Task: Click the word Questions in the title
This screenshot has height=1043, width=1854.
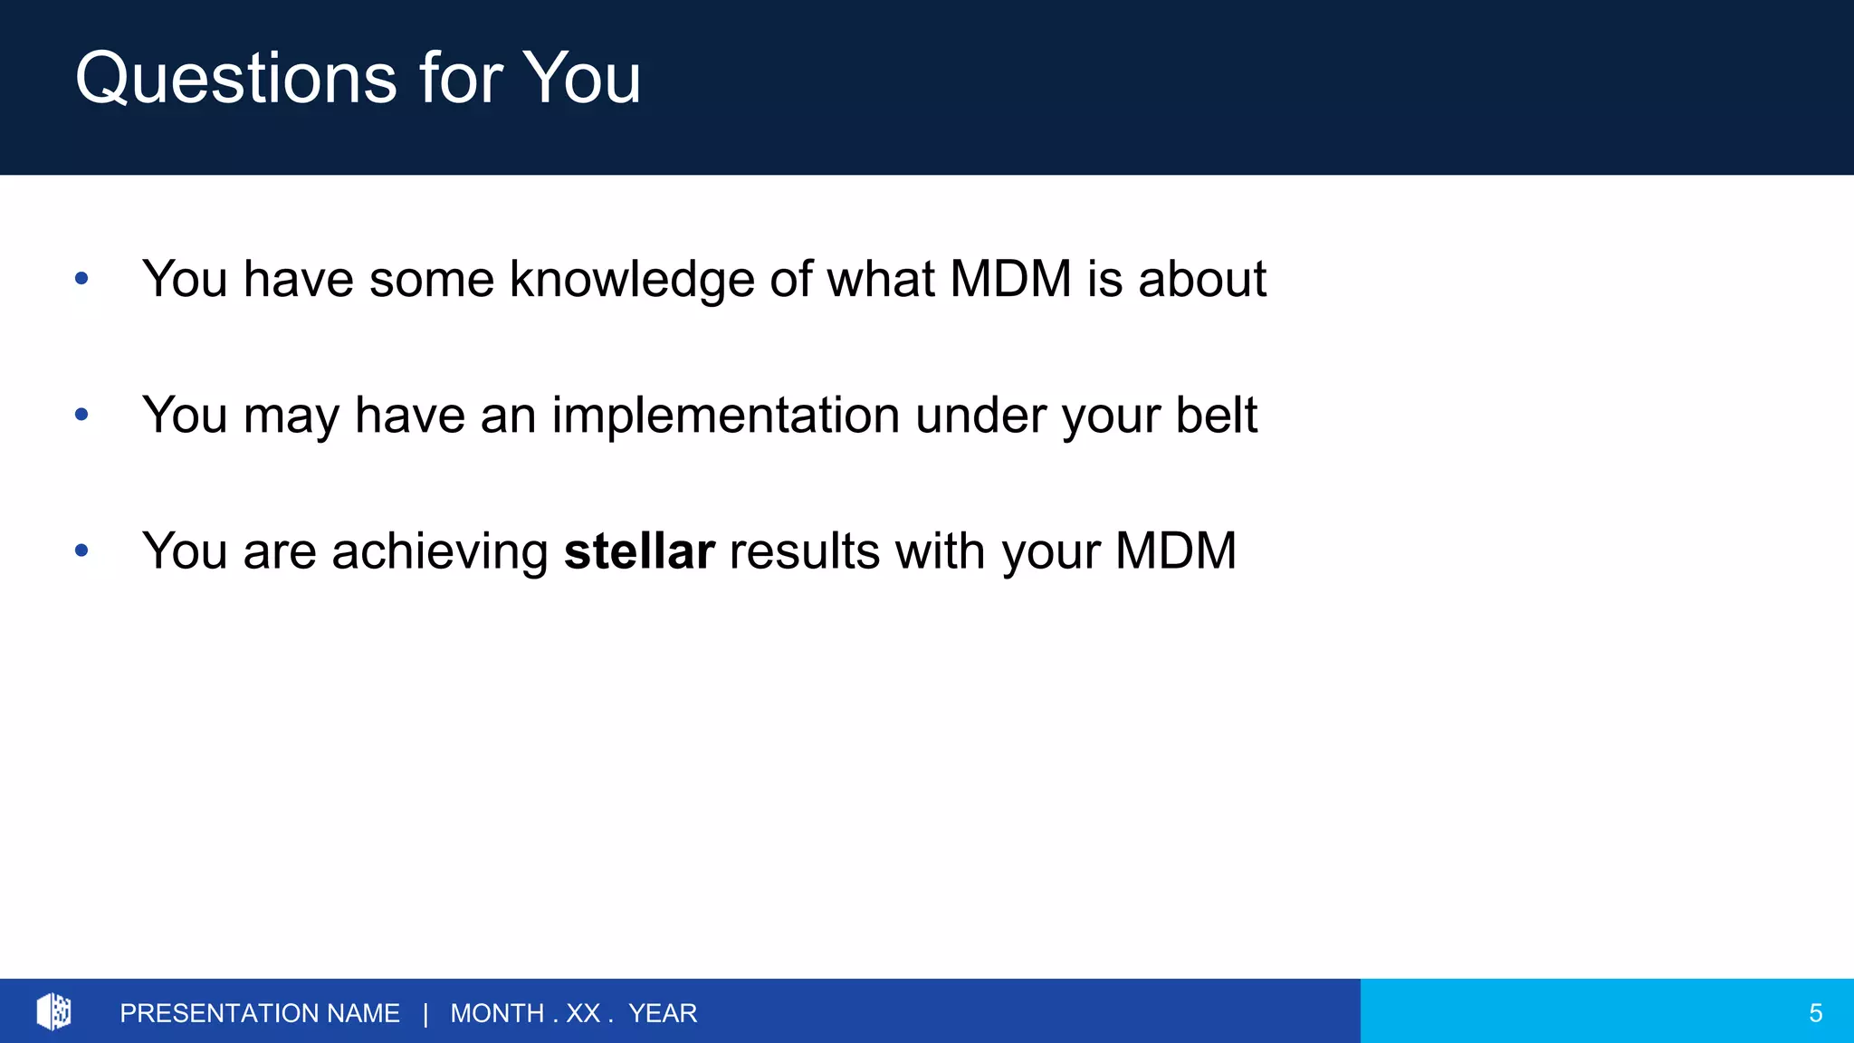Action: (x=235, y=80)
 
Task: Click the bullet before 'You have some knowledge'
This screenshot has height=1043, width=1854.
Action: (x=81, y=278)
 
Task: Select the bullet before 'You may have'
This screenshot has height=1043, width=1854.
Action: (x=81, y=415)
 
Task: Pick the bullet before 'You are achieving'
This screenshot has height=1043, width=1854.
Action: (x=81, y=550)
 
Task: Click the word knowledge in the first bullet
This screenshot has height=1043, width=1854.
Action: (x=631, y=279)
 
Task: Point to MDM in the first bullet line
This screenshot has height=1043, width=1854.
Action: (x=1010, y=278)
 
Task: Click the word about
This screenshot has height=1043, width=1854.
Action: (x=1201, y=278)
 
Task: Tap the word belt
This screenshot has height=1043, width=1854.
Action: (x=1216, y=415)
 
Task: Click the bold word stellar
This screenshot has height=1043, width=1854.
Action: (x=639, y=550)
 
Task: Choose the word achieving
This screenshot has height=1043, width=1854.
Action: (x=440, y=551)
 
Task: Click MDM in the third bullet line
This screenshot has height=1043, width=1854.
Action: (x=1175, y=550)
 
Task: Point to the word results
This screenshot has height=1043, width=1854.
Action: (x=804, y=550)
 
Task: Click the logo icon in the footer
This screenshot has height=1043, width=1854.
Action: (x=54, y=1011)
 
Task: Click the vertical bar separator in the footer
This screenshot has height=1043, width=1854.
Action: (x=425, y=1013)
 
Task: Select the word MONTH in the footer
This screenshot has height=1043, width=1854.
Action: (x=497, y=1013)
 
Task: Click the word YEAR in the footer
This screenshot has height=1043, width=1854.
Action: (x=663, y=1013)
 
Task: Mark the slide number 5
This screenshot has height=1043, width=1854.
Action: (x=1815, y=1013)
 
